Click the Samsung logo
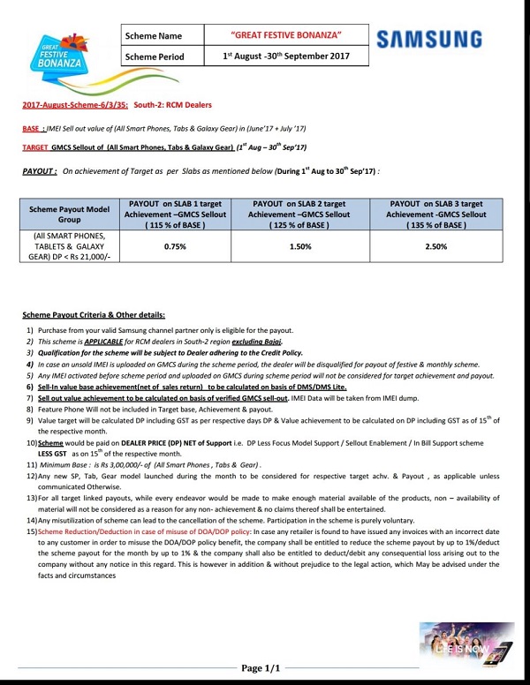click(428, 40)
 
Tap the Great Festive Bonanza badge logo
click(57, 53)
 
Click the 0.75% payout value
click(175, 246)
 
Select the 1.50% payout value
click(302, 246)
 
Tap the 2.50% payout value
click(435, 246)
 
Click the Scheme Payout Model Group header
click(68, 214)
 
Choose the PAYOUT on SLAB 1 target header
click(175, 214)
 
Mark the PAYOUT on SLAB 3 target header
click(435, 214)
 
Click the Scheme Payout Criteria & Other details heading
click(94, 315)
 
